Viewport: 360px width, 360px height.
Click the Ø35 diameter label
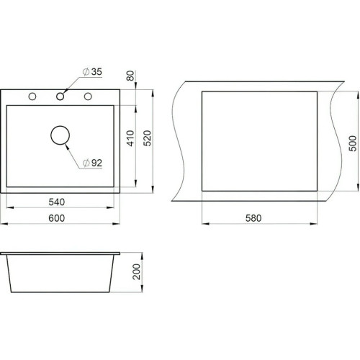point(92,71)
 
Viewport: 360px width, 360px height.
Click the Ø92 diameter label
point(92,163)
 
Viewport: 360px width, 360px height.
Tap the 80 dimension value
point(130,76)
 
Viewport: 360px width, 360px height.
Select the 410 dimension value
point(130,138)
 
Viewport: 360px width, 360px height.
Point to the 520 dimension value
point(147,138)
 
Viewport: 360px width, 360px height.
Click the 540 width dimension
point(57,202)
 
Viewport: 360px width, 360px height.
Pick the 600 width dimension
point(57,218)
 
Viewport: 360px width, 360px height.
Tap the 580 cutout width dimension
point(253,218)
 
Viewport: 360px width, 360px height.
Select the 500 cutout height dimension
point(353,143)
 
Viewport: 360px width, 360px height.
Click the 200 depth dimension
point(136,271)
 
